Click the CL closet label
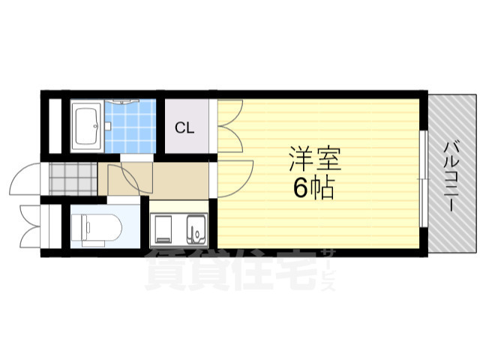coord(184,127)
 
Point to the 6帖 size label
coord(313,188)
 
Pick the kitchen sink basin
coord(196,227)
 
